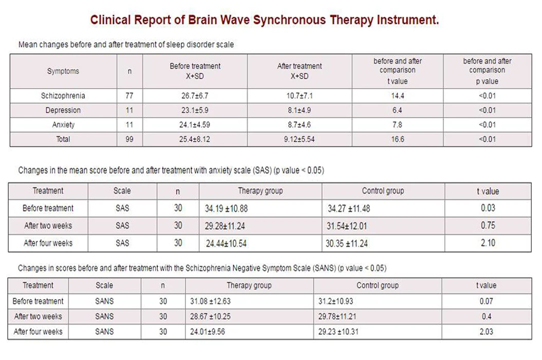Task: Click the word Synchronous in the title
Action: coord(289,21)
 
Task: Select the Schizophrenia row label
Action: coord(63,96)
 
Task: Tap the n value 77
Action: coord(129,96)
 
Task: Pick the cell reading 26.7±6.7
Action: coord(195,96)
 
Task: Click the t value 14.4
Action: coord(398,96)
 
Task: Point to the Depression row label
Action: coord(63,110)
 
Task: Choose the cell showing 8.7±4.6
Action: coord(300,125)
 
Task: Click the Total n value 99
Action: coord(129,139)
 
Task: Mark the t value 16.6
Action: coord(398,139)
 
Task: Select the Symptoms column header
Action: coord(63,71)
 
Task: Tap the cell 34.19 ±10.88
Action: coord(226,209)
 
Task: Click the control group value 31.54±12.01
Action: coord(347,226)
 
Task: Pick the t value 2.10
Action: coord(488,243)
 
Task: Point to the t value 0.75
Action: coord(488,225)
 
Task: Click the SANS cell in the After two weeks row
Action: coord(104,316)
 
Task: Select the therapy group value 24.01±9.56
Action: coord(208,332)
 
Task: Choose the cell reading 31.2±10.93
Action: coord(335,301)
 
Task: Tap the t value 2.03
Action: coord(486,332)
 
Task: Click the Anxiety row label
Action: coord(63,125)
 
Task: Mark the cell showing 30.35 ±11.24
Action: coord(346,243)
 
